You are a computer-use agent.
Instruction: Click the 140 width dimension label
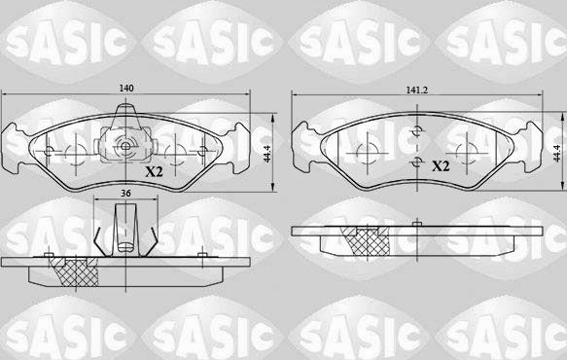coord(125,89)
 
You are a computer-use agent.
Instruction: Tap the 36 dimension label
coord(125,194)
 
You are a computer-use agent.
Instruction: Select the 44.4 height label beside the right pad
coord(558,153)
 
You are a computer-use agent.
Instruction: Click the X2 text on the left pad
coord(153,172)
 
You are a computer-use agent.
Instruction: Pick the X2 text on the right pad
coord(440,165)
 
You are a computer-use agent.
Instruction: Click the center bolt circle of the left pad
coord(125,149)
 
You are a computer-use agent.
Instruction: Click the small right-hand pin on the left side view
coord(200,256)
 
